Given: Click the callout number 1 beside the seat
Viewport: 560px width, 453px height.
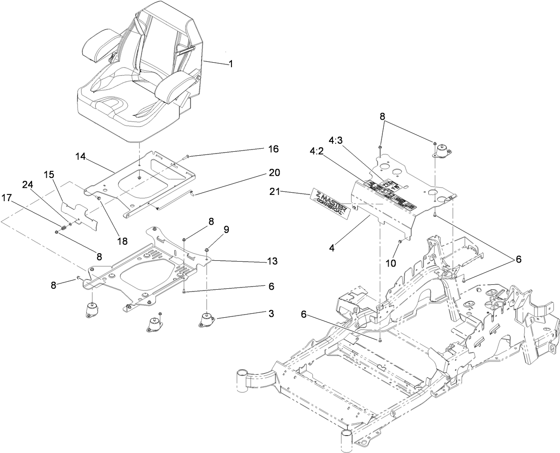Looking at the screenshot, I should pyautogui.click(x=231, y=64).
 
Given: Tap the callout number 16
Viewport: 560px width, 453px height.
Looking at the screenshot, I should pyautogui.click(x=273, y=149).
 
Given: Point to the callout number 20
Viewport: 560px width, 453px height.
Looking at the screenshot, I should pyautogui.click(x=274, y=172).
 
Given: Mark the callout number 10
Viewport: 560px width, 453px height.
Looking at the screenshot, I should pyautogui.click(x=390, y=263).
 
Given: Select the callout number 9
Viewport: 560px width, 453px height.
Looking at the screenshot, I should pyautogui.click(x=226, y=229).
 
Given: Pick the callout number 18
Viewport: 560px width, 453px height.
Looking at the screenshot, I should pyautogui.click(x=122, y=241).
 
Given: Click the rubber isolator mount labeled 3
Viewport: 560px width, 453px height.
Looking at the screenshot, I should pyautogui.click(x=206, y=321).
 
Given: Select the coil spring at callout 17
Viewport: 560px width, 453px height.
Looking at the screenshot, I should pyautogui.click(x=63, y=227).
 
